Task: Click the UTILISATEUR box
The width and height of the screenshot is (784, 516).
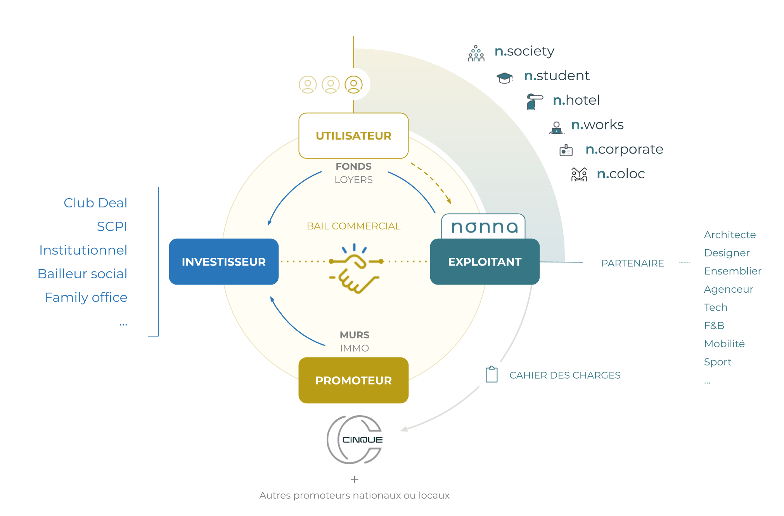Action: pos(353,136)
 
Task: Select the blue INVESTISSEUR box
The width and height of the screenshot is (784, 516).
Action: pos(223,262)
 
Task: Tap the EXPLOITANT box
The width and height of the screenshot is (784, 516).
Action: pos(485,262)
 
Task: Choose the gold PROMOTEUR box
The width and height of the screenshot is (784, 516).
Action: pos(353,380)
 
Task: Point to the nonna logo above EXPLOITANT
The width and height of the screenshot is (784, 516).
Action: pos(484,227)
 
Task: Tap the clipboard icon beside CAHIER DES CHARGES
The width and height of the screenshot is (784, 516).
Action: pos(492,374)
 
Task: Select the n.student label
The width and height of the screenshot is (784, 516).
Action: pos(556,76)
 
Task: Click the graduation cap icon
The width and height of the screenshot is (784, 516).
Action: pos(504,78)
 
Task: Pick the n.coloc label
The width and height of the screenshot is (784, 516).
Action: pos(620,174)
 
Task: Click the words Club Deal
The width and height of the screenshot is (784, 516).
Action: pos(95,203)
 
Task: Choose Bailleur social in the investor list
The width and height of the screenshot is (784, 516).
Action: pos(82,274)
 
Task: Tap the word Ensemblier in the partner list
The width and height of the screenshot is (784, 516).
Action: pos(732,271)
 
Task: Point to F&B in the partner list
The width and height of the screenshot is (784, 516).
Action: pos(714,326)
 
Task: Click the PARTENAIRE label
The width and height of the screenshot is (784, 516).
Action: pos(632,263)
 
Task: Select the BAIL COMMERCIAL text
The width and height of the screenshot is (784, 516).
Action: pos(353,226)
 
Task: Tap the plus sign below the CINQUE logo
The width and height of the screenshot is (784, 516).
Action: pos(354,480)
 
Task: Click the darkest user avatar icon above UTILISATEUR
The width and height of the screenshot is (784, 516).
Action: pos(353,85)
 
